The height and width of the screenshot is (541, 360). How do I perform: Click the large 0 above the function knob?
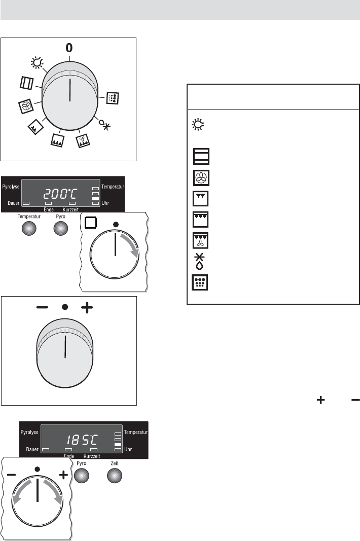click(69, 48)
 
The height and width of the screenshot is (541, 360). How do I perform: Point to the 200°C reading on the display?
click(61, 194)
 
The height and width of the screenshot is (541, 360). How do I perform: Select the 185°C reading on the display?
click(82, 440)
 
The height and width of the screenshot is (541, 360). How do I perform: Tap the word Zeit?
click(115, 463)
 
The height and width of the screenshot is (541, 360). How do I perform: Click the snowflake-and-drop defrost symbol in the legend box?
click(200, 261)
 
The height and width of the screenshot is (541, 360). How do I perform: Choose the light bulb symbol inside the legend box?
click(198, 125)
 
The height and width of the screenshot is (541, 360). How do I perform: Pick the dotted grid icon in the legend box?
click(200, 282)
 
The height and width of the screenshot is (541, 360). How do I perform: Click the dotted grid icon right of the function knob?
click(112, 98)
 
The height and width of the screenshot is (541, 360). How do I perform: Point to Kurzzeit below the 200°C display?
click(70, 209)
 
